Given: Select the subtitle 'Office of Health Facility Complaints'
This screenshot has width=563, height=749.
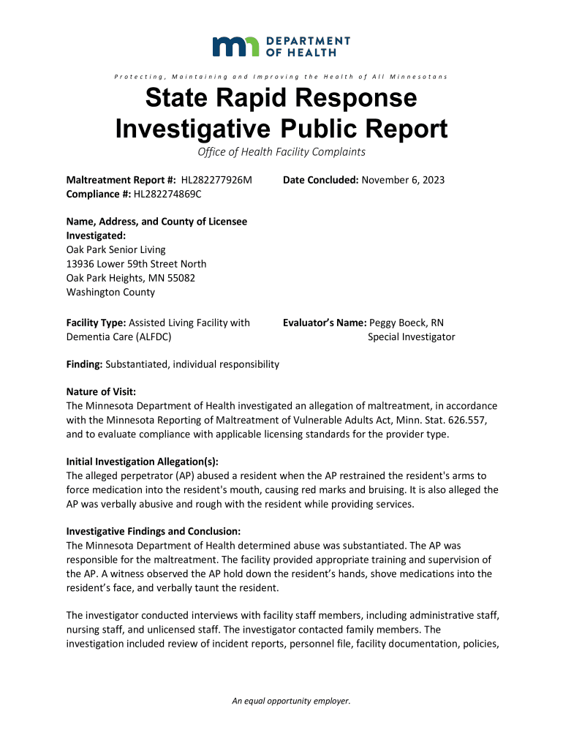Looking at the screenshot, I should pyautogui.click(x=281, y=152).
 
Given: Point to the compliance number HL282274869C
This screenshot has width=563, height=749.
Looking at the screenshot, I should pyautogui.click(x=167, y=194).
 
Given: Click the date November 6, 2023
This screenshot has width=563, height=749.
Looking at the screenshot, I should pyautogui.click(x=403, y=180).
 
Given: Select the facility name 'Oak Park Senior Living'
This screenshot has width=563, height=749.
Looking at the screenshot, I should pyautogui.click(x=116, y=250).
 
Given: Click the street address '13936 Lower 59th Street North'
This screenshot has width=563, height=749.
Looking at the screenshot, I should pyautogui.click(x=137, y=264).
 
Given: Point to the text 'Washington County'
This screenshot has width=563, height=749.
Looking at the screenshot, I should pyautogui.click(x=110, y=292).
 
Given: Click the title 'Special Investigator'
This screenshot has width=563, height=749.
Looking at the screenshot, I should pyautogui.click(x=412, y=336).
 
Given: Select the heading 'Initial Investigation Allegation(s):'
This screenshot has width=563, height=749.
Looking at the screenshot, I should pyautogui.click(x=143, y=462).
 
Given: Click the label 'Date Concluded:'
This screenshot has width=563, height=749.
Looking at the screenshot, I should pyautogui.click(x=320, y=180).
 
